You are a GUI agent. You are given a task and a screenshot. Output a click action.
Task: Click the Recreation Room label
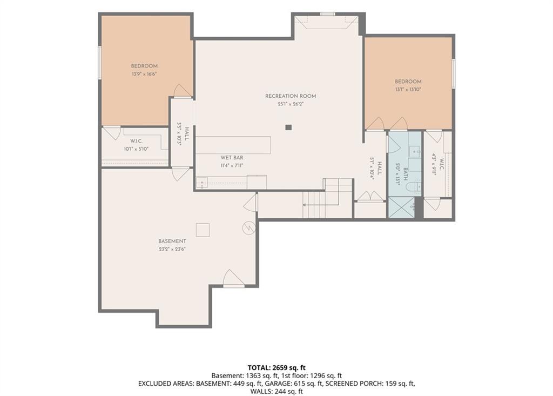(291, 96)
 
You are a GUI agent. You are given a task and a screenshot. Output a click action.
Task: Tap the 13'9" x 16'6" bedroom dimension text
(144, 74)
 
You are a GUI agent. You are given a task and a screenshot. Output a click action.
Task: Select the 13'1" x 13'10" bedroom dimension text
(408, 90)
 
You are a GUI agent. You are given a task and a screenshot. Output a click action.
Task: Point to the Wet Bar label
(232, 158)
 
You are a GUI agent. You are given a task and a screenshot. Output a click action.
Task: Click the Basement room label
(172, 241)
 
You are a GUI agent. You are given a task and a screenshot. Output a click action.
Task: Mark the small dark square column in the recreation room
(288, 127)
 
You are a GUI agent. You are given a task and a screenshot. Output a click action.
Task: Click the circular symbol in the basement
(248, 228)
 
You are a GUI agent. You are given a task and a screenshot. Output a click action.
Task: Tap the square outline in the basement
(203, 230)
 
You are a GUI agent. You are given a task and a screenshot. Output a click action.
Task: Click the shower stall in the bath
(401, 207)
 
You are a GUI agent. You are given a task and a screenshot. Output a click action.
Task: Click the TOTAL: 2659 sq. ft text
(276, 367)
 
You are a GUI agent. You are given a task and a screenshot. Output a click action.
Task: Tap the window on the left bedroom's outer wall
(100, 63)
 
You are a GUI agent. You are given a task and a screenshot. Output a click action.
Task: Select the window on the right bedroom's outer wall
(454, 73)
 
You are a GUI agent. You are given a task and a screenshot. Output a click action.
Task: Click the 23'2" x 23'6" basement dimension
(172, 249)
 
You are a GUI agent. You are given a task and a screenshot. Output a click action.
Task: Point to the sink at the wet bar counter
(202, 183)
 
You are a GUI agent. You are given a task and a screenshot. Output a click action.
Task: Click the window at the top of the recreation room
(327, 14)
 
